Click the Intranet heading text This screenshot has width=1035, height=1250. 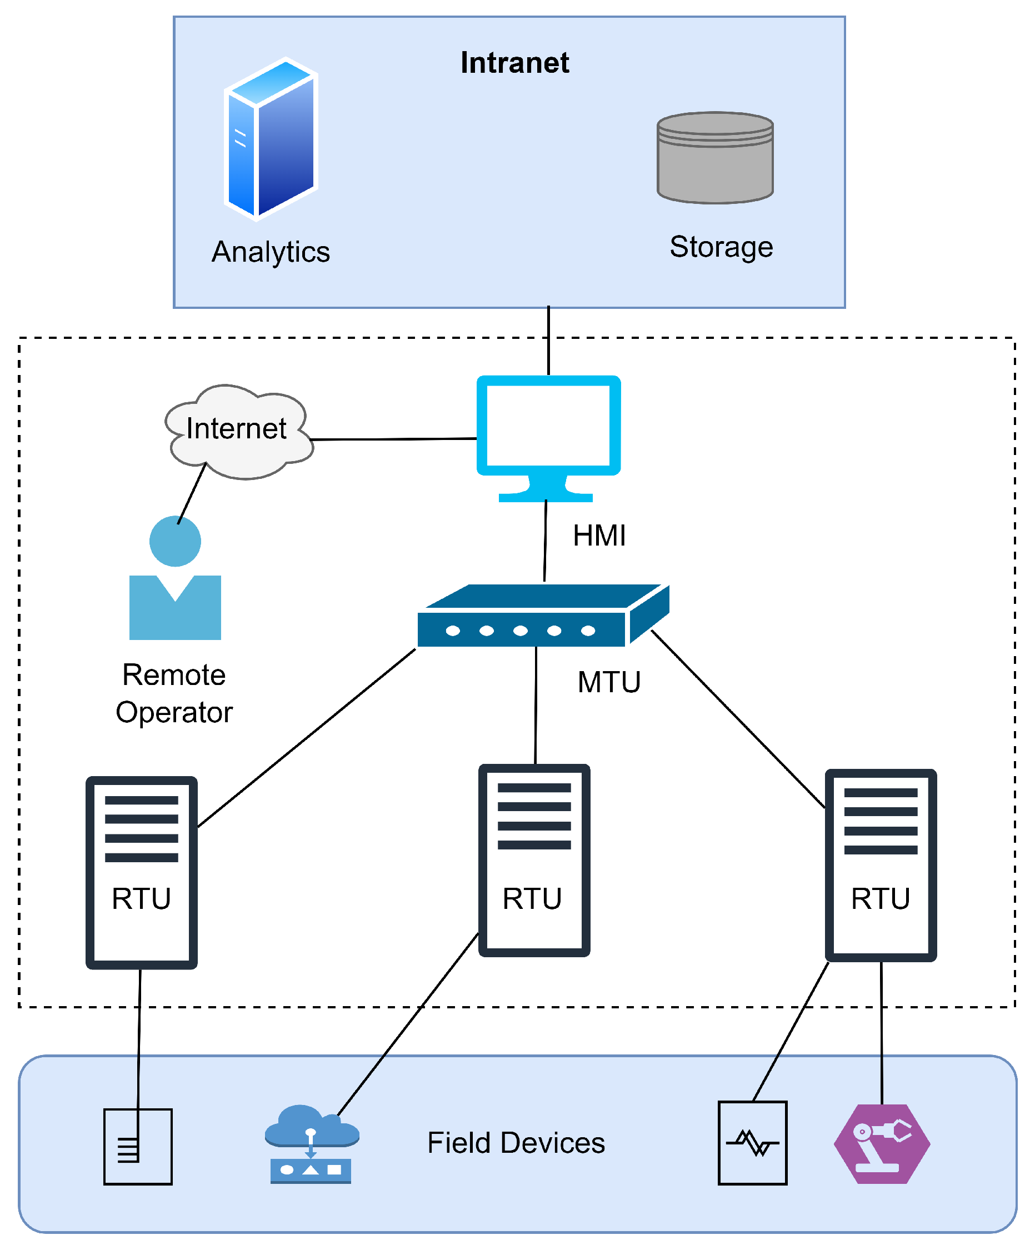click(x=515, y=62)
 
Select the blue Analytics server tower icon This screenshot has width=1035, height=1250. click(x=271, y=139)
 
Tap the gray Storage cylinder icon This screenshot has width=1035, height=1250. click(x=715, y=158)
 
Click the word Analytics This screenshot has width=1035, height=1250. click(x=271, y=252)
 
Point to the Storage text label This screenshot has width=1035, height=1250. click(x=721, y=247)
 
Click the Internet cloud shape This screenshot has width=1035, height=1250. click(x=239, y=432)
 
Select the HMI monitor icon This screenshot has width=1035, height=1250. click(x=549, y=439)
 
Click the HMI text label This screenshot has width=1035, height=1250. click(x=599, y=536)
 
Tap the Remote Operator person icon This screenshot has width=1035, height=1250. click(x=175, y=578)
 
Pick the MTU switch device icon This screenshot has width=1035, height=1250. click(x=543, y=616)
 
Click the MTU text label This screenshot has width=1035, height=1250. click(x=609, y=682)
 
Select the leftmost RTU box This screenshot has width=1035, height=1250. click(x=142, y=873)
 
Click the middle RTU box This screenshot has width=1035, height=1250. click(x=534, y=861)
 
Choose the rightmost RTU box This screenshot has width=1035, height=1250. click(x=881, y=866)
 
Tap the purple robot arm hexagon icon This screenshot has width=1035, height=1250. click(x=882, y=1144)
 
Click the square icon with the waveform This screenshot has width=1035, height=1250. click(x=753, y=1143)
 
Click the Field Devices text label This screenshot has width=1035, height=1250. click(x=516, y=1143)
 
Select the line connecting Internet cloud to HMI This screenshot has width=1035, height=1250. click(x=393, y=439)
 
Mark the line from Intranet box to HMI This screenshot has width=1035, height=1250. click(x=548, y=341)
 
